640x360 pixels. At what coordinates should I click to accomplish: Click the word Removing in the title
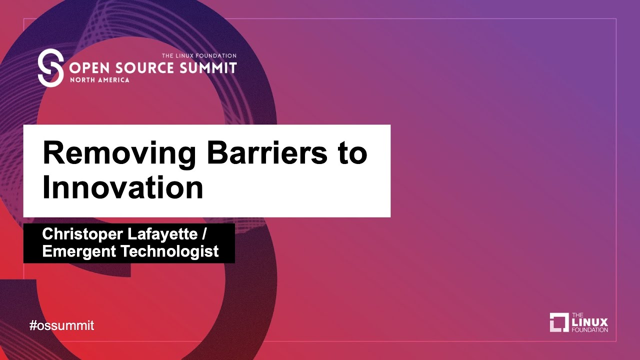pos(119,153)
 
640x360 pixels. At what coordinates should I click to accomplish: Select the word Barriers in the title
pos(267,152)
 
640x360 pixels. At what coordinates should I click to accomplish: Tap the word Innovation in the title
pos(123,187)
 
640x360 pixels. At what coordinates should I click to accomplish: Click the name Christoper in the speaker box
pos(82,234)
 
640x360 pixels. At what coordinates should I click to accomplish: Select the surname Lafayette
pos(162,234)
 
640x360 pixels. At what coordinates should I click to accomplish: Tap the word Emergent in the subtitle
pos(79,251)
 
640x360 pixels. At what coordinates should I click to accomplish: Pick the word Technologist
pos(169,251)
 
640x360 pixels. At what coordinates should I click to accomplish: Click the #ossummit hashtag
pos(61,325)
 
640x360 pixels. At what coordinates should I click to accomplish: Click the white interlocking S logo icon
pos(50,67)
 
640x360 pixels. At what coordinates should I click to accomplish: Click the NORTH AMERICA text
pos(99,80)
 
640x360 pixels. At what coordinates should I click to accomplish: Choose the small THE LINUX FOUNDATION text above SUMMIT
pos(199,55)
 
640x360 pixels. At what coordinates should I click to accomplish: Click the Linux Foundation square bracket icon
pos(559,322)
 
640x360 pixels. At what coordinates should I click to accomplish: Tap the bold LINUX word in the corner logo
pos(589,322)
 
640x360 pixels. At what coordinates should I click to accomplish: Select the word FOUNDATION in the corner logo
pos(589,330)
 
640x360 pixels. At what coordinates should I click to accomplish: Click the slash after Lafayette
pos(203,234)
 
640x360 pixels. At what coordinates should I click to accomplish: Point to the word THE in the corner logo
pos(577,315)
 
